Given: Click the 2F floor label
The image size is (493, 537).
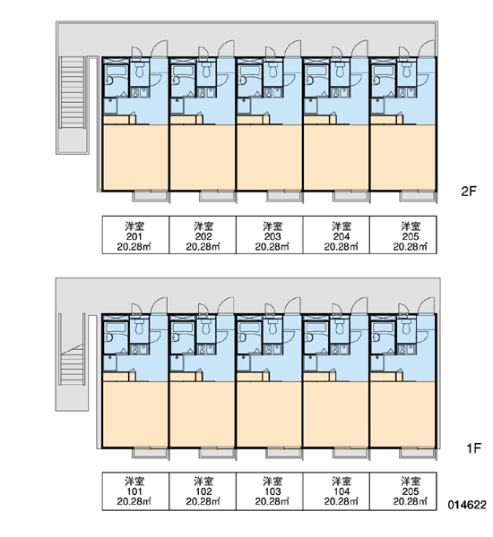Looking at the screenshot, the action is tap(469, 192).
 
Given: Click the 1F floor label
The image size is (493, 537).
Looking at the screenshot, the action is tap(474, 448).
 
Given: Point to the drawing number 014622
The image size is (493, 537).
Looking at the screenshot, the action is tap(467, 505).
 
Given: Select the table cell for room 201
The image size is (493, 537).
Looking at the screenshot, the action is tap(135, 234).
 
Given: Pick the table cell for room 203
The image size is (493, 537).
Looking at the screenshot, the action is tap(269, 234).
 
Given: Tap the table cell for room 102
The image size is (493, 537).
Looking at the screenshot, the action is tap(203, 491).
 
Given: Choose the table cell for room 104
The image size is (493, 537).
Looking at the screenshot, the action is tap(336, 491).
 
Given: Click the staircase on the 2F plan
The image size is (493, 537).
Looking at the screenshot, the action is tap(72, 92).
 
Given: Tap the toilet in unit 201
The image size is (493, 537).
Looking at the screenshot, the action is tap(139, 70).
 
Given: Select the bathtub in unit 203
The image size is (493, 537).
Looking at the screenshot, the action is tap(249, 72).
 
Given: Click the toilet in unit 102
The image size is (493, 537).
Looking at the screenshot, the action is tap(206, 327).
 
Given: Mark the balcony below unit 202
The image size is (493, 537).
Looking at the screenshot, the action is tap(218, 196).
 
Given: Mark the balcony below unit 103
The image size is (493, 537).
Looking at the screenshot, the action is tap(284, 453).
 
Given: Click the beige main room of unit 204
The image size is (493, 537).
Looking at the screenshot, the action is tap(336, 158).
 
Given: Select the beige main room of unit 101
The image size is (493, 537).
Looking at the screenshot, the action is tap(135, 414).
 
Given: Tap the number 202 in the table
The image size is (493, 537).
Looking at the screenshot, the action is tap(203, 236).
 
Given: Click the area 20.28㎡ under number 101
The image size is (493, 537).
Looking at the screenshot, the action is tap(134, 502).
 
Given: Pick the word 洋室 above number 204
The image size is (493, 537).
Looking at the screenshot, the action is tap(342, 226).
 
